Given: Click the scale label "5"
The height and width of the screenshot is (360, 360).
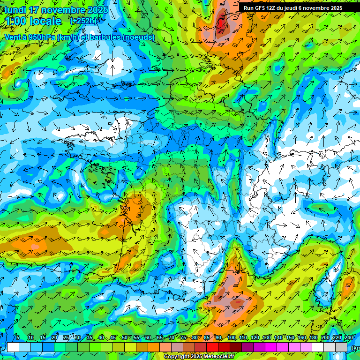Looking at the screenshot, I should point(18,338).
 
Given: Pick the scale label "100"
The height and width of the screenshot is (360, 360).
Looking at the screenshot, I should point(231,338).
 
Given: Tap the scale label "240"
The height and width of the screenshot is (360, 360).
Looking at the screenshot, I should point(348,338).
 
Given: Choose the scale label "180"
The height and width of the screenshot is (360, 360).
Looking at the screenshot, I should point(313,338).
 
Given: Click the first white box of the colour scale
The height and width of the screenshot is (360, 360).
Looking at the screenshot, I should point(13,347).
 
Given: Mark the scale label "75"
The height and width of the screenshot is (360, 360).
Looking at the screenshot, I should point(183,338).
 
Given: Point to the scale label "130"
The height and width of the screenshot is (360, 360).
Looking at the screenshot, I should point(266,338).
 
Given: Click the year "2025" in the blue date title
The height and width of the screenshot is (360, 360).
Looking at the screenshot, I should point(96,10).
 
